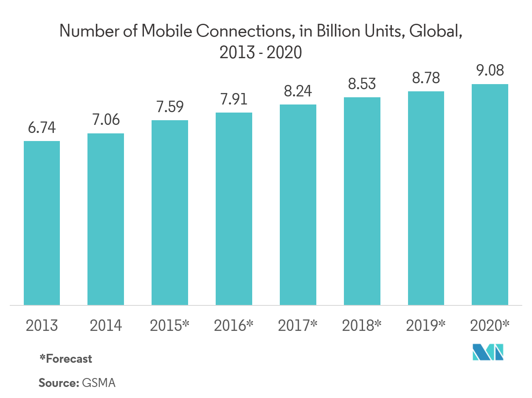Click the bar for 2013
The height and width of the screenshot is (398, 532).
point(42,223)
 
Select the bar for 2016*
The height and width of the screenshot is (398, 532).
point(234,209)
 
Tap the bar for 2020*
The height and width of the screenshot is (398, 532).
point(490,194)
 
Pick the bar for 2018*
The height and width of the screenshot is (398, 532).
point(362,201)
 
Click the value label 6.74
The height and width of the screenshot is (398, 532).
point(42,128)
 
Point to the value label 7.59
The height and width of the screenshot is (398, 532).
point(169,107)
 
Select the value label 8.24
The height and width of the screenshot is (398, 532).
point(298,91)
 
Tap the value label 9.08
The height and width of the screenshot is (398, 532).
point(490,71)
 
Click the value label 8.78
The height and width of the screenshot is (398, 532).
point(426,78)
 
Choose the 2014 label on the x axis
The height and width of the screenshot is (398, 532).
point(106,326)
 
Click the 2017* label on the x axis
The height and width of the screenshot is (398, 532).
point(298,326)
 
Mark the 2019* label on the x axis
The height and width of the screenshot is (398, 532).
point(426,326)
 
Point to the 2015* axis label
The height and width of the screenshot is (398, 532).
point(169,326)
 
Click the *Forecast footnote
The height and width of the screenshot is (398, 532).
point(65,358)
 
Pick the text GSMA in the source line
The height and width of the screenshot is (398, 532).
point(99,382)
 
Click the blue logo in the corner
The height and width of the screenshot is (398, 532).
point(489,353)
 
